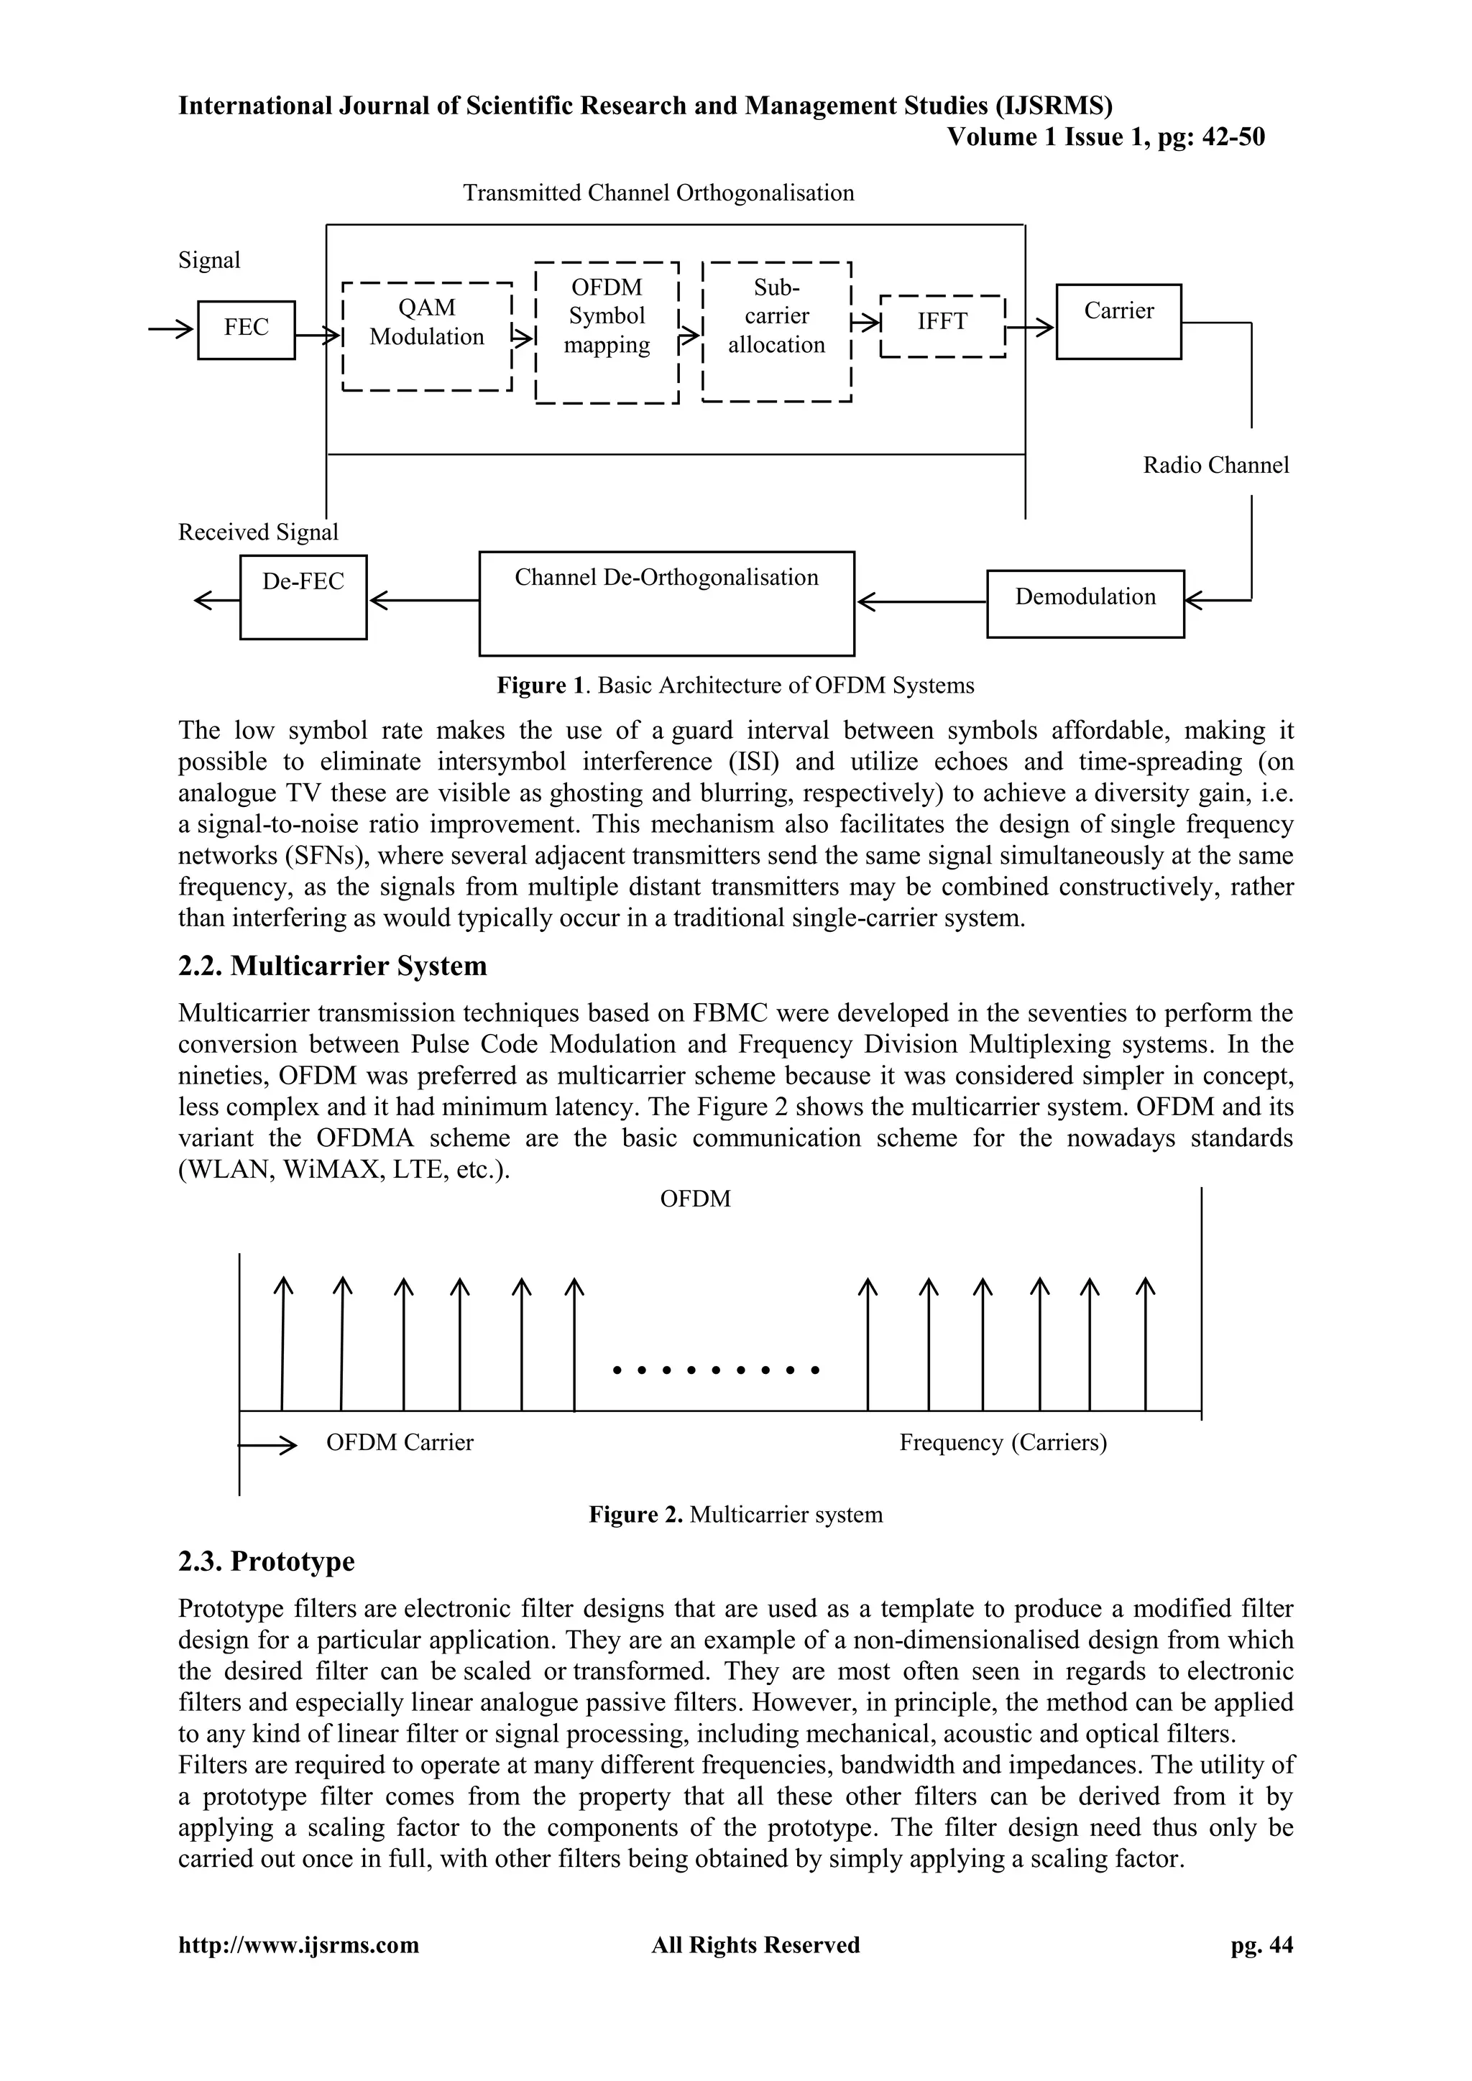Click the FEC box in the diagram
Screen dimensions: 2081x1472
[246, 329]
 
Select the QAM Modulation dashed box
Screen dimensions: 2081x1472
[427, 336]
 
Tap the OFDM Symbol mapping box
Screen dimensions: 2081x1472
[607, 332]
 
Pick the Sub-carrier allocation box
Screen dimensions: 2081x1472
[777, 332]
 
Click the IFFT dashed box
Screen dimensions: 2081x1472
[943, 326]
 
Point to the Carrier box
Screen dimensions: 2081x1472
[1118, 322]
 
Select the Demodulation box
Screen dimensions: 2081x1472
[1085, 604]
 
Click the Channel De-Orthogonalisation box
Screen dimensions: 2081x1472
[666, 603]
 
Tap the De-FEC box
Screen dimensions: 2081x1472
[303, 596]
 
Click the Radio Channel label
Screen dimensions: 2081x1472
[1215, 465]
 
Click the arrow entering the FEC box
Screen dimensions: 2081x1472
[172, 329]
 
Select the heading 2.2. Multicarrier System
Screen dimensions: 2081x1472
[332, 966]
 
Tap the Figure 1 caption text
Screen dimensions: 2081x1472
[735, 686]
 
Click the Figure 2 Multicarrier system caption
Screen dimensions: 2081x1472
[735, 1515]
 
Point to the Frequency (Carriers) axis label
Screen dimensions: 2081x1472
[1003, 1442]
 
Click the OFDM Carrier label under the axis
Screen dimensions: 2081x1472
[400, 1442]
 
